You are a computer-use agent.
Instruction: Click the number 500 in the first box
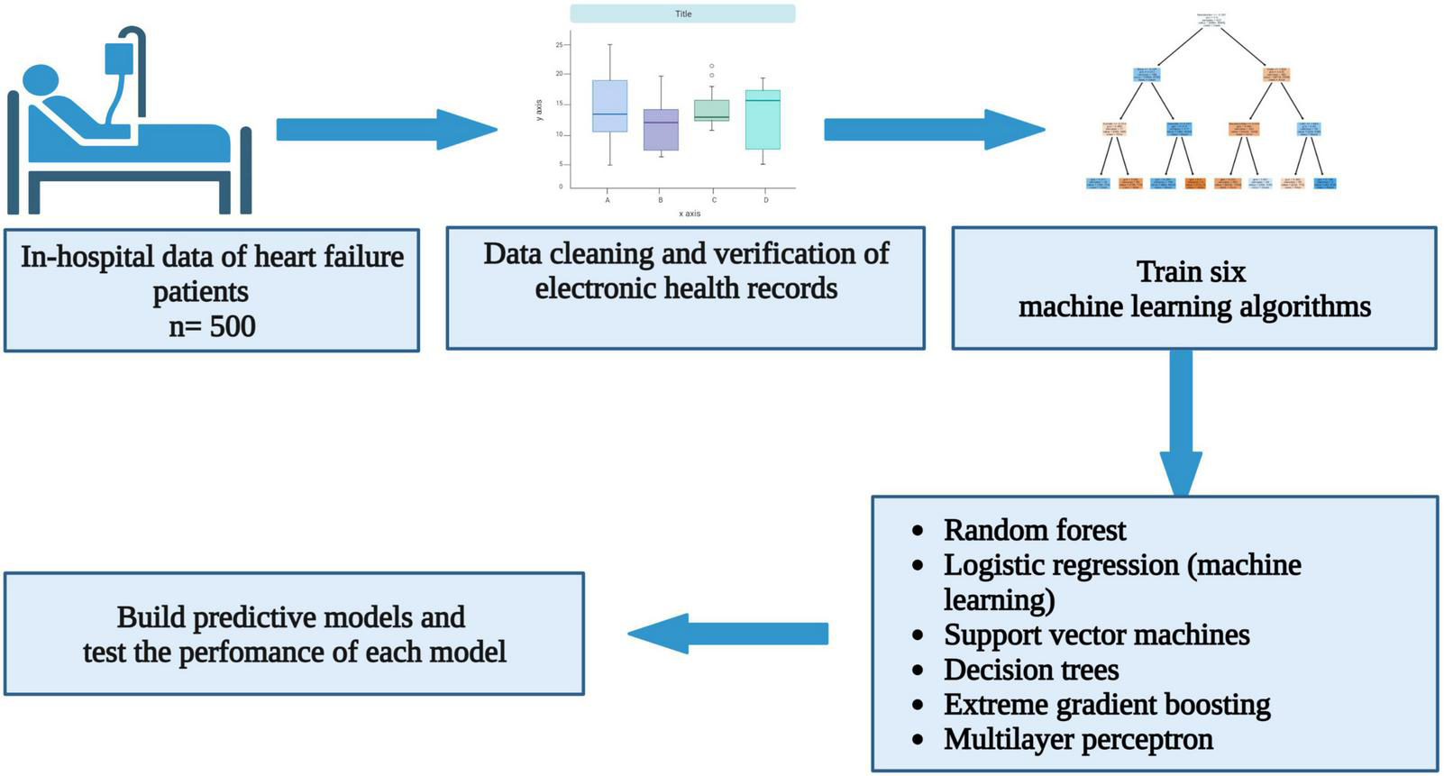click(233, 326)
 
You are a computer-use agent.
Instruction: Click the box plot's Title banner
click(682, 14)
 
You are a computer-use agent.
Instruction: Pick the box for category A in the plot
click(609, 106)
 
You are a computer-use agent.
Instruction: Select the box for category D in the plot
click(763, 119)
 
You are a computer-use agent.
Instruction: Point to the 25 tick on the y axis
click(559, 44)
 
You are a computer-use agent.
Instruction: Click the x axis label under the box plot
click(689, 214)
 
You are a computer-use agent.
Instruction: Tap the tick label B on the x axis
click(661, 200)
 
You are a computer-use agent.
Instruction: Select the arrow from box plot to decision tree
click(934, 130)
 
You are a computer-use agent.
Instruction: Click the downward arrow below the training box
click(1180, 424)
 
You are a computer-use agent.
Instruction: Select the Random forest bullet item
click(1034, 530)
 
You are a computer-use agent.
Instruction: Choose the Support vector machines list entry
click(1096, 634)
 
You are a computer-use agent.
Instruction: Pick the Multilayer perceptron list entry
click(1078, 740)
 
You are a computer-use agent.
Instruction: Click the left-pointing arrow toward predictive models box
click(727, 634)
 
